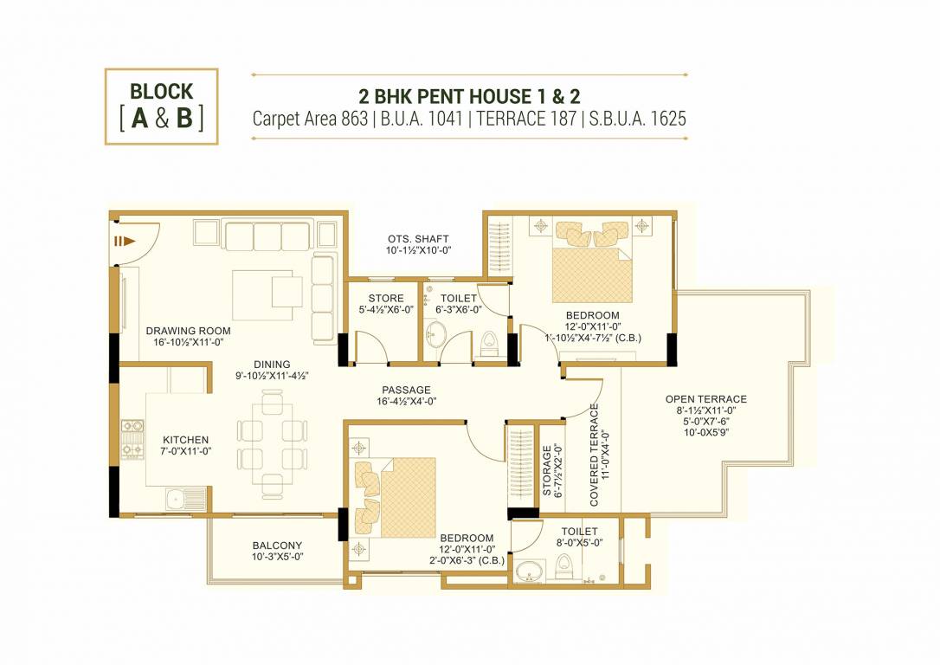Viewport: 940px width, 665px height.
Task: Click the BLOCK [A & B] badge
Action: pos(161,106)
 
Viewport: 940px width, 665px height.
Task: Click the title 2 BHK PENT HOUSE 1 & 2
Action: pos(468,95)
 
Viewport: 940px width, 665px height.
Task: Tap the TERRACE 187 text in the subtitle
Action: pos(522,119)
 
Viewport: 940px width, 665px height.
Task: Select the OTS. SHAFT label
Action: pos(418,239)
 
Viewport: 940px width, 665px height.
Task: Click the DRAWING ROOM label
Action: pos(188,331)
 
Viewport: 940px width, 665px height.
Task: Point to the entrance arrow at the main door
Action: pos(126,242)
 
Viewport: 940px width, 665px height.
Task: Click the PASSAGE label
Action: pos(406,391)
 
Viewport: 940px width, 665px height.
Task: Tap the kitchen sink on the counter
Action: pos(176,498)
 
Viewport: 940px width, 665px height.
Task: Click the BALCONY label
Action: pos(277,546)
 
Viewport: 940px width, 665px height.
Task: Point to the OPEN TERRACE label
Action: pos(705,399)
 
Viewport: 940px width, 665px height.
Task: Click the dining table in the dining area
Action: pos(272,443)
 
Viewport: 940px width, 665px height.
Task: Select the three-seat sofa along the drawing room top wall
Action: pos(267,235)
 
